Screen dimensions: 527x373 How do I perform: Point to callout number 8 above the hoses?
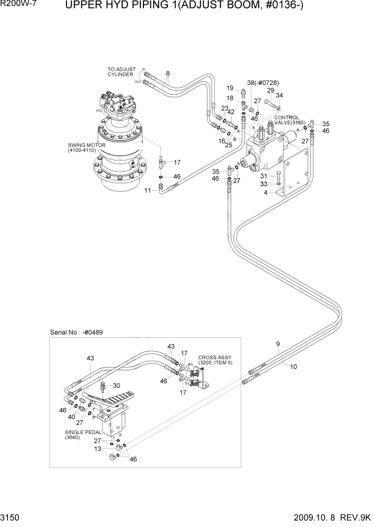167,73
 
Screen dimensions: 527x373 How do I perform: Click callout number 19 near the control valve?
231,88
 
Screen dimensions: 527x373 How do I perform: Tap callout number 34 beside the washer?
279,96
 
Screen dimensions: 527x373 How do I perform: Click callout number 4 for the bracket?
266,193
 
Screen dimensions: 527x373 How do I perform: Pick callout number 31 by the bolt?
262,176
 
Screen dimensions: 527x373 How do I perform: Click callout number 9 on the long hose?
277,344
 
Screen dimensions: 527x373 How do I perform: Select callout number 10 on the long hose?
293,366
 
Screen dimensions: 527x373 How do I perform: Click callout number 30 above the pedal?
116,385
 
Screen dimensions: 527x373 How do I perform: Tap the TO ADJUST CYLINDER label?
122,72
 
